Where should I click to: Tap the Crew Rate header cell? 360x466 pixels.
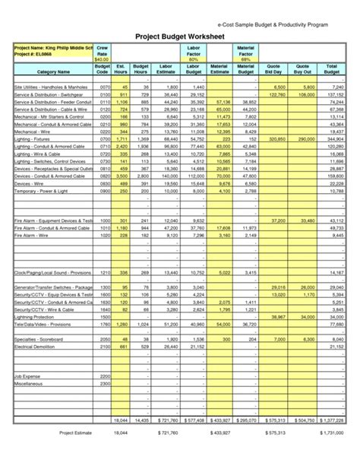(x=103, y=52)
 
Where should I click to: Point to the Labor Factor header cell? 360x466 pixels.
(x=193, y=52)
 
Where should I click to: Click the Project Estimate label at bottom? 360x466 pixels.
(x=75, y=433)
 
